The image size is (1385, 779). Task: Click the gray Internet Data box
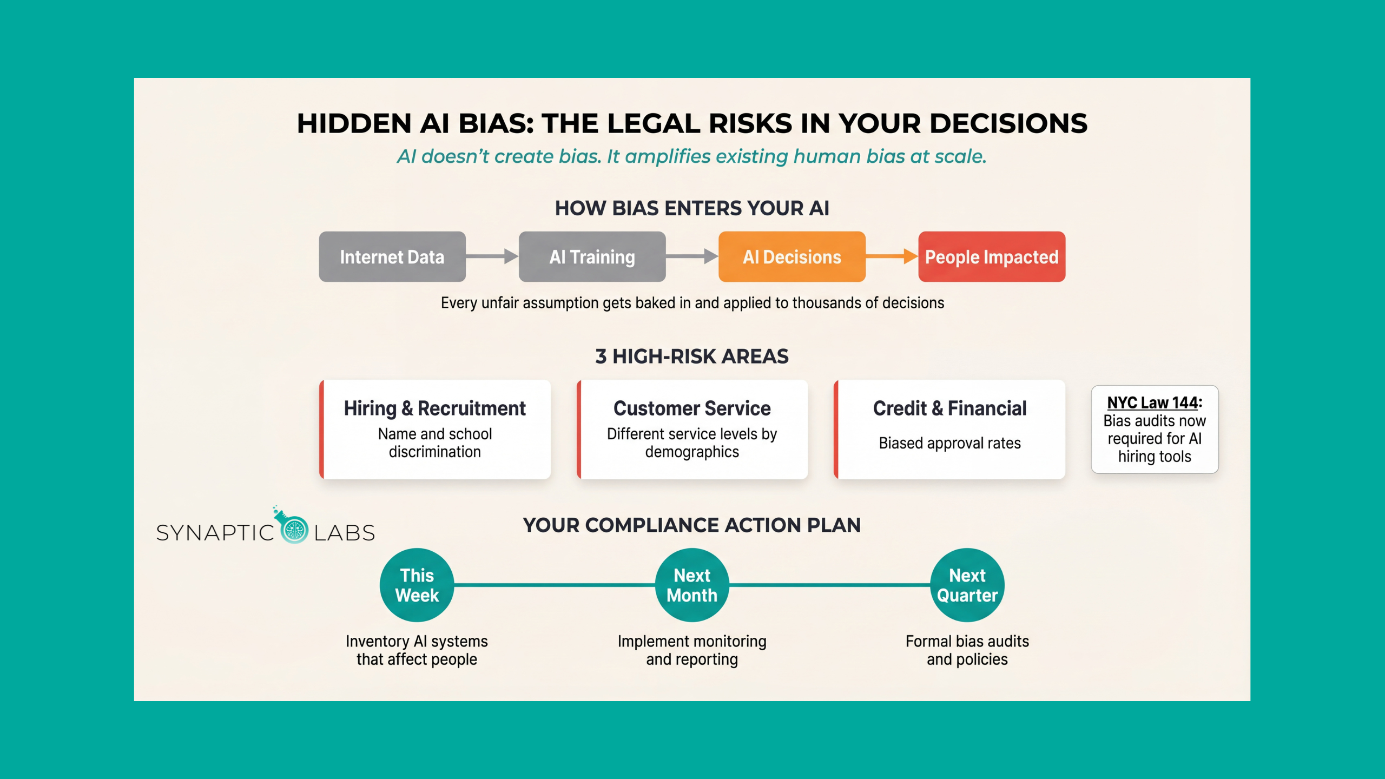point(392,257)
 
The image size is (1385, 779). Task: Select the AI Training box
point(592,257)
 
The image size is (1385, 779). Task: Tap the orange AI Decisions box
point(792,257)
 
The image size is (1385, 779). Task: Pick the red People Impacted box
point(992,257)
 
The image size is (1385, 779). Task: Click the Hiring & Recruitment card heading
point(434,408)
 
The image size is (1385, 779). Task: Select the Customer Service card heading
point(692,408)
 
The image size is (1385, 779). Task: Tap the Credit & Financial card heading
point(949,408)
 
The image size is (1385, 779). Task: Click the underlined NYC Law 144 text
point(1152,403)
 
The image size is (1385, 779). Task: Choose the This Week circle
point(417,585)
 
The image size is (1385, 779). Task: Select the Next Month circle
point(692,585)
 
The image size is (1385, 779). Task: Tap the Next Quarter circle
point(967,585)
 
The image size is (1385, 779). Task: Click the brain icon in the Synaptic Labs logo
point(295,530)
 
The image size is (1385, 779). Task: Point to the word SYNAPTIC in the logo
point(215,533)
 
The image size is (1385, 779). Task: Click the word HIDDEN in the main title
point(354,124)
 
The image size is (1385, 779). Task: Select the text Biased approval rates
point(949,444)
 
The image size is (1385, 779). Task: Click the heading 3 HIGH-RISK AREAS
point(692,357)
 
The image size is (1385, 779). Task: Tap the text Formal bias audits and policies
point(967,650)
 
